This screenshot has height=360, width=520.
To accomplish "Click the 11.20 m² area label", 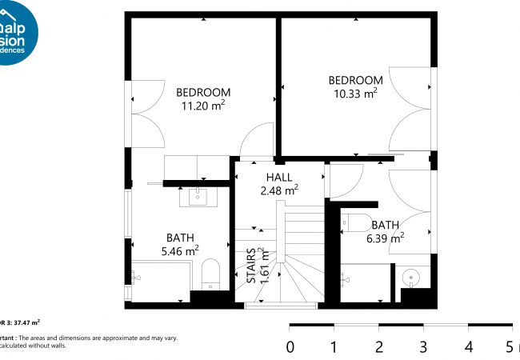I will [203, 106].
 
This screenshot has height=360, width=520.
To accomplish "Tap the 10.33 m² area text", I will [355, 94].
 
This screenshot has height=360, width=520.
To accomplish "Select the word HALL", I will [279, 178].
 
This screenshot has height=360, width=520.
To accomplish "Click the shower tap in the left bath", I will [135, 278].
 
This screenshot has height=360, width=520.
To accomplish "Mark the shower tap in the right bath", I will [344, 279].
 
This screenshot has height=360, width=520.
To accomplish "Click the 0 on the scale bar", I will [290, 347].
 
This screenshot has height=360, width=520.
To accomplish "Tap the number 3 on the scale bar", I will [423, 347].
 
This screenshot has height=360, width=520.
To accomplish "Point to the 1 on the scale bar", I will [334, 347].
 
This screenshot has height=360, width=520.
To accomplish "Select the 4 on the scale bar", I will [468, 347].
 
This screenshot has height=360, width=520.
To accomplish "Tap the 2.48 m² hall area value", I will [279, 190].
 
